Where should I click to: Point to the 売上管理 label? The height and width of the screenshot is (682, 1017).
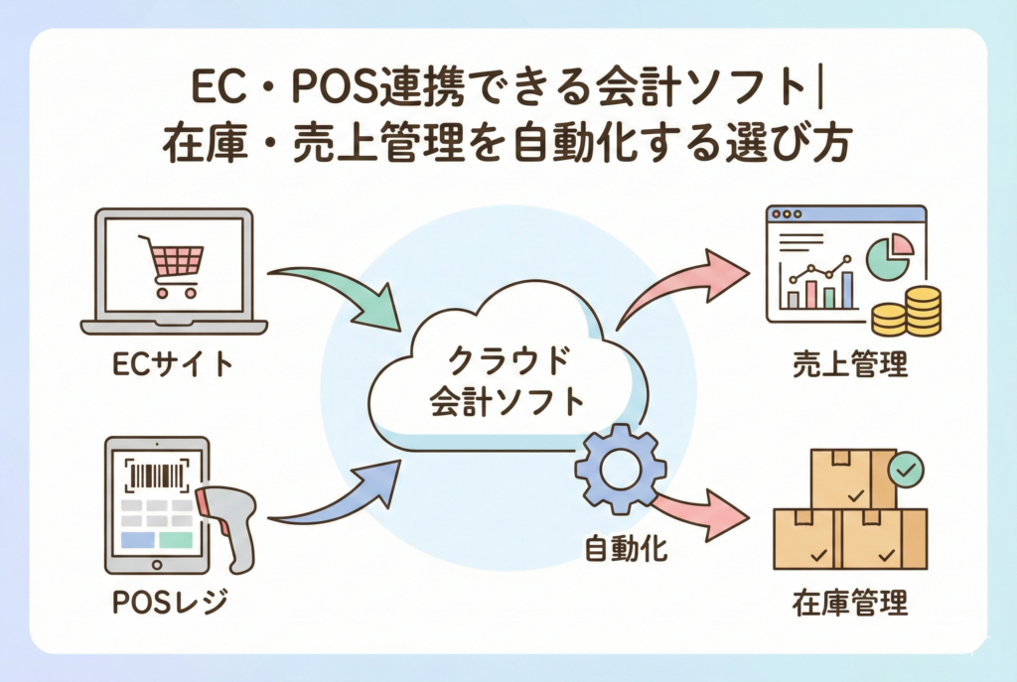pos(850,365)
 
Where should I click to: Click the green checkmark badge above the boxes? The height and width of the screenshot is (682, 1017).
pos(905,469)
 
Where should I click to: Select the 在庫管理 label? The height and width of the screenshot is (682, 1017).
pos(850,603)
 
